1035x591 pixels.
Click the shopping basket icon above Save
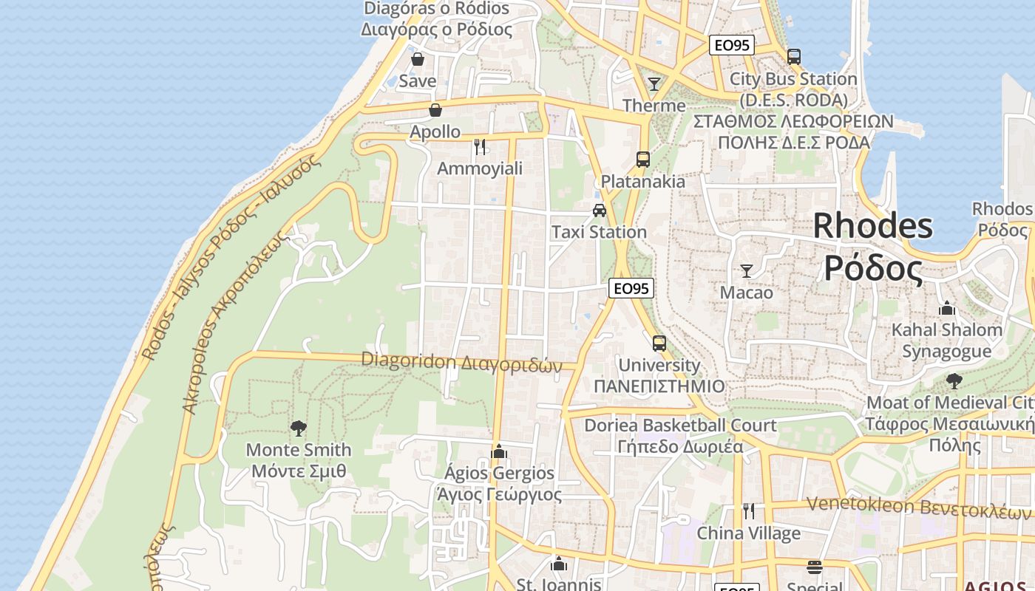click(418, 59)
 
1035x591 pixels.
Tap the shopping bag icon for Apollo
click(435, 111)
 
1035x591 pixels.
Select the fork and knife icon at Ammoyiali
click(480, 146)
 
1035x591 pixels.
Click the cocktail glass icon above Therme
click(654, 83)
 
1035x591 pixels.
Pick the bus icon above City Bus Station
click(794, 57)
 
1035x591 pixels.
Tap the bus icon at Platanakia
click(643, 160)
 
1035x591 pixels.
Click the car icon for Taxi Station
click(600, 211)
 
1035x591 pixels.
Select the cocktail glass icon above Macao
click(747, 271)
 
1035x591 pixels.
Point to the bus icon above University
click(659, 344)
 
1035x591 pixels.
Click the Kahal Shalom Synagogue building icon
click(947, 308)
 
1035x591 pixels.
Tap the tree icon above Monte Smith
click(299, 428)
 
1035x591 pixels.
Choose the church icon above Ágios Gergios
click(499, 451)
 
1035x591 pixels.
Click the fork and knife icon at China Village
click(749, 511)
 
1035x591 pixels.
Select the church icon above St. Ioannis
click(559, 564)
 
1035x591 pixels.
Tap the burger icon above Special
click(815, 567)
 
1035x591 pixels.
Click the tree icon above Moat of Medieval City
click(954, 381)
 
